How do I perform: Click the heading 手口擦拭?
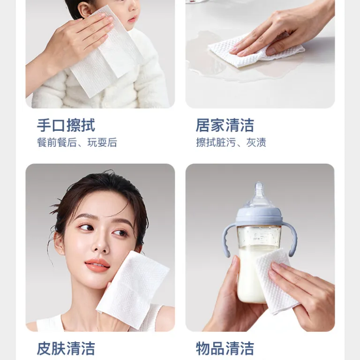66,125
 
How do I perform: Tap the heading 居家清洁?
225,125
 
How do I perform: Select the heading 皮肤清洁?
66,349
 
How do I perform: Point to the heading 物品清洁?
225,349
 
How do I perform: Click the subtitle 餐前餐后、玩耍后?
77,142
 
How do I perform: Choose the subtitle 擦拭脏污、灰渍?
231,142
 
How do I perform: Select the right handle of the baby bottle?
291,239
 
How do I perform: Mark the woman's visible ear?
59,243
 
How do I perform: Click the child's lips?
132,19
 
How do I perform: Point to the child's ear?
85,10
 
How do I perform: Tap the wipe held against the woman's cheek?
133,290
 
